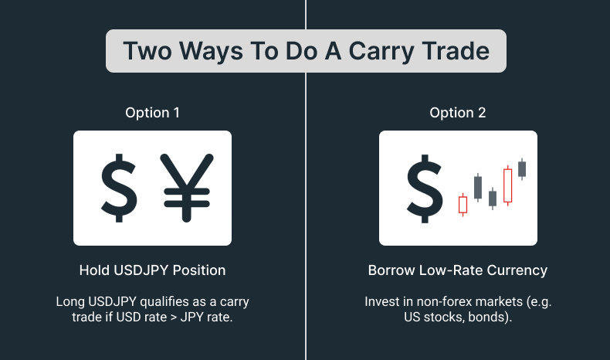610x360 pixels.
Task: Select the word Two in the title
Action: [148, 51]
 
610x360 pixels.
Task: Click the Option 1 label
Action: [152, 113]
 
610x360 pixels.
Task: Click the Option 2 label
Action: [458, 113]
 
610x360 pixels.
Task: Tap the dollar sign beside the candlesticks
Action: [424, 188]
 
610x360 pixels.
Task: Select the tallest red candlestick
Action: [507, 185]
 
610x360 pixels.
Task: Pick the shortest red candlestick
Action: [463, 204]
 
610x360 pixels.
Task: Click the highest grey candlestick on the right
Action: [522, 168]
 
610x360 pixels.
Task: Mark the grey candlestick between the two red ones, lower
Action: [493, 199]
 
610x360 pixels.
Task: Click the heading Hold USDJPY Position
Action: [152, 270]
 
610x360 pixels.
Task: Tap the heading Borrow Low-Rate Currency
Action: [458, 270]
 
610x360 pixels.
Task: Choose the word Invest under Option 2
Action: [382, 301]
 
